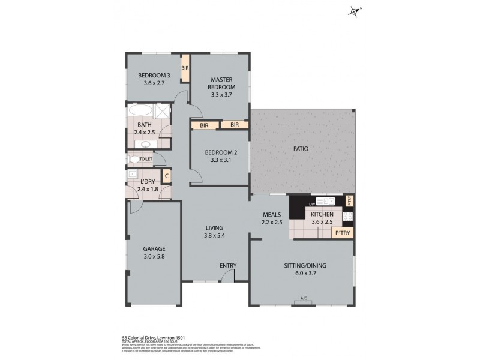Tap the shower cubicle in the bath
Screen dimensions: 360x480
tap(162, 112)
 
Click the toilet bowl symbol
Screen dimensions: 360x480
tap(134, 159)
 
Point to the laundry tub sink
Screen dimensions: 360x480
tap(132, 174)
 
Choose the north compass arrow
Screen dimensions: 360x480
tap(354, 11)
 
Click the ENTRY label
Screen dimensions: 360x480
tap(228, 266)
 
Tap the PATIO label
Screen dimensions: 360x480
tap(301, 148)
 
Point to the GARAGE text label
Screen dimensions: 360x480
tap(154, 248)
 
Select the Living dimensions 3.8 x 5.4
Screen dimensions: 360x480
tap(214, 236)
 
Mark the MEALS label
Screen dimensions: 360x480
tap(272, 214)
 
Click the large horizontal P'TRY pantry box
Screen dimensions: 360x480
tap(342, 233)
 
